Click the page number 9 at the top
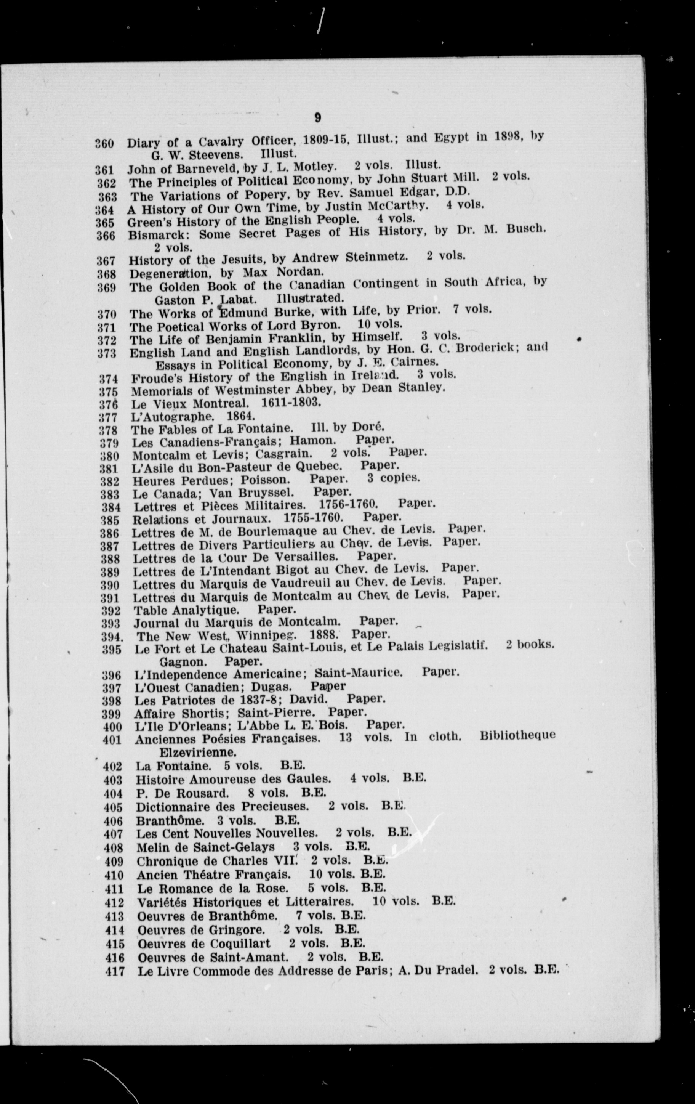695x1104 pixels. (317, 118)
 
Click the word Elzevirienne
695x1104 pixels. (197, 753)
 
